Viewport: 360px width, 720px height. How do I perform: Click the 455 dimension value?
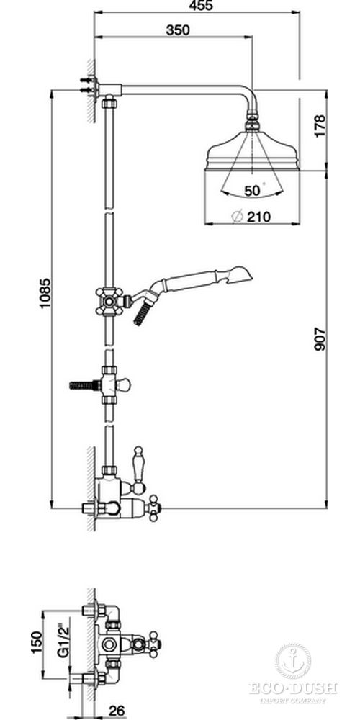[201, 6]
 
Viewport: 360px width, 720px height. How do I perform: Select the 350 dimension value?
[178, 30]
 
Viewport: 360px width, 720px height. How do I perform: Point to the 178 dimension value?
[320, 125]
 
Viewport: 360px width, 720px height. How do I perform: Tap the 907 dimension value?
[320, 339]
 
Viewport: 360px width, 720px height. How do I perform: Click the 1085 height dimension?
[45, 293]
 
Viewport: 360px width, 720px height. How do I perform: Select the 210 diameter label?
[259, 216]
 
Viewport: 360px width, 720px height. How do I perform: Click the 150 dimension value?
[37, 642]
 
